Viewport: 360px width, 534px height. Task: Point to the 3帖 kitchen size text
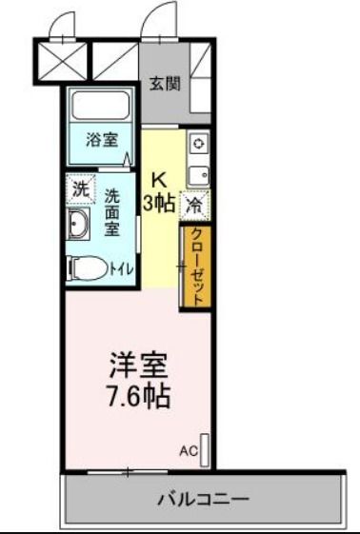159,203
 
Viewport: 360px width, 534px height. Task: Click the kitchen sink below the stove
198,173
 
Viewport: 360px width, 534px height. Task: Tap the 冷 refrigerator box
195,204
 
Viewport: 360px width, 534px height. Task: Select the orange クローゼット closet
195,266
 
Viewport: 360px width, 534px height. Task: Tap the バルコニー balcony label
202,500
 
